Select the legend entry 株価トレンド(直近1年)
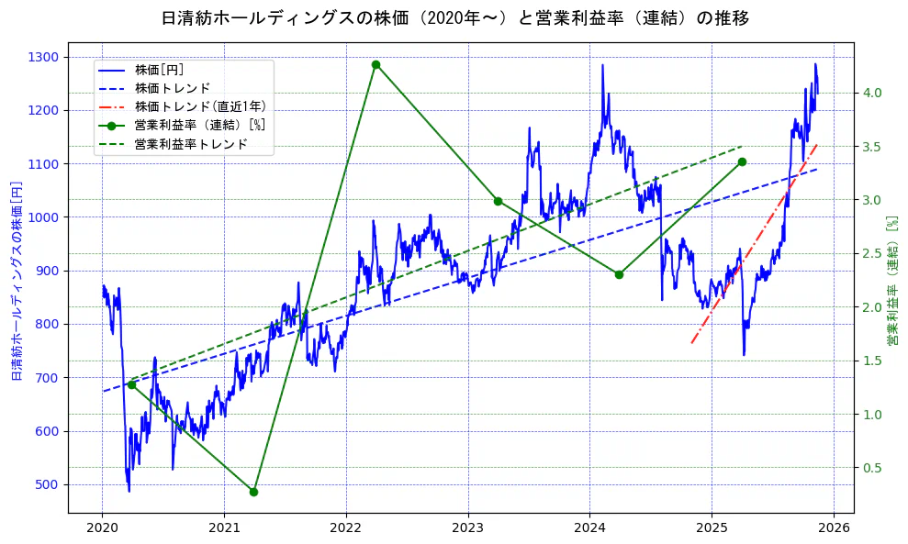point(200,106)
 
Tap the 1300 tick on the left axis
point(44,57)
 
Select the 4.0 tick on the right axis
point(872,93)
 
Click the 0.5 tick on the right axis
point(872,468)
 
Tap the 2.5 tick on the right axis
point(872,253)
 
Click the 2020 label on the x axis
point(102,528)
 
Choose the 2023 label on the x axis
point(467,528)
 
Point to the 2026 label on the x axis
point(834,528)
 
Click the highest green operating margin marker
point(376,64)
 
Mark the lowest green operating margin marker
point(253,492)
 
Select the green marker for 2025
point(742,161)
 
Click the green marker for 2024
point(619,274)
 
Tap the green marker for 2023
point(498,201)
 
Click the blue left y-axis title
point(16,281)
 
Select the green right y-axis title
point(891,281)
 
